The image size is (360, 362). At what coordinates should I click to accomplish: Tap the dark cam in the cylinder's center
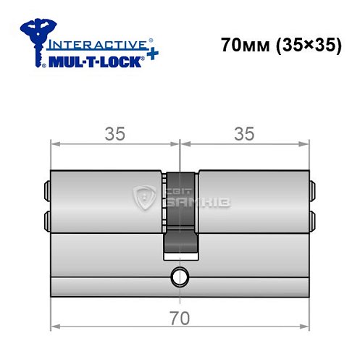click(x=179, y=217)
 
